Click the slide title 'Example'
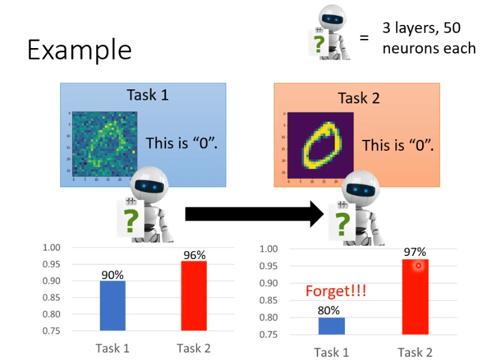click(79, 50)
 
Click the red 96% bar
click(194, 296)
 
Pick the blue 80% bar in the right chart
click(332, 326)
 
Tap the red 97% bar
click(415, 297)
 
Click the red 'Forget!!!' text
click(336, 291)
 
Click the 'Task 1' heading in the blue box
click(147, 95)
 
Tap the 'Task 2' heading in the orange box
click(359, 98)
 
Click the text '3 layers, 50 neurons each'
click(428, 38)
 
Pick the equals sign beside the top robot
click(364, 38)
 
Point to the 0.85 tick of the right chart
click(269, 300)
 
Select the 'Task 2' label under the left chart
click(193, 348)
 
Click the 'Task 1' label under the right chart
click(332, 352)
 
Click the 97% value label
click(415, 252)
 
